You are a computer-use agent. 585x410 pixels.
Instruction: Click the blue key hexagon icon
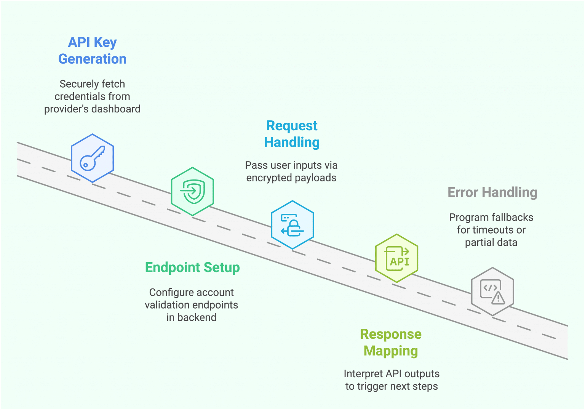point(92,158)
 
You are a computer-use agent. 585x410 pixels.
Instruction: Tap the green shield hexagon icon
point(192,191)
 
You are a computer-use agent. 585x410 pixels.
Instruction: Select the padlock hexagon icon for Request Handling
point(292,225)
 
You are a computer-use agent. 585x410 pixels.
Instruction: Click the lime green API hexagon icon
point(396,258)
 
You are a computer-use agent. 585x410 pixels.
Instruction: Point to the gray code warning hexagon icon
point(492,291)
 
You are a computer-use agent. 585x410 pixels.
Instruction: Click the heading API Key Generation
point(92,51)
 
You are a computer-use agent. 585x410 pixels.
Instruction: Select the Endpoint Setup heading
point(192,267)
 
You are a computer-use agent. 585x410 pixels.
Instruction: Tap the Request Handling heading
point(292,134)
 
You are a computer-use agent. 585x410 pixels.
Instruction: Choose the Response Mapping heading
point(391,342)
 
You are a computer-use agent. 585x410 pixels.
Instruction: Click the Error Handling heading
point(492,192)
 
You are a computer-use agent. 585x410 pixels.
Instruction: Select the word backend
point(197,317)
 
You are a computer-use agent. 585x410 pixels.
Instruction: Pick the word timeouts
point(494,230)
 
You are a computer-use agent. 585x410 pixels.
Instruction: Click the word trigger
point(372,386)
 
